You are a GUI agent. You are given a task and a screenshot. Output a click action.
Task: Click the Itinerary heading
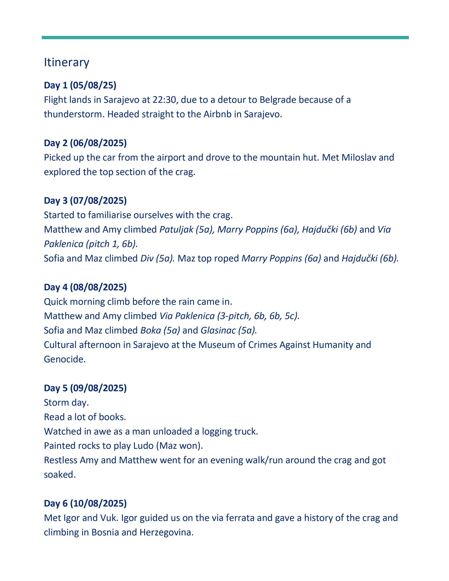coord(67,62)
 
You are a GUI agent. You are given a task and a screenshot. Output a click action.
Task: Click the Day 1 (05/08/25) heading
coord(80,85)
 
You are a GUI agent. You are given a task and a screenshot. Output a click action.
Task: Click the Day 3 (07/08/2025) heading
coord(85,201)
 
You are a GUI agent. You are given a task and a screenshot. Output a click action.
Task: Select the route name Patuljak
coord(176,229)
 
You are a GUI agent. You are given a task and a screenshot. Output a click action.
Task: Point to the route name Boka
coord(151,330)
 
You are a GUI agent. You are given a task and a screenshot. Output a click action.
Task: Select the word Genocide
coord(64,359)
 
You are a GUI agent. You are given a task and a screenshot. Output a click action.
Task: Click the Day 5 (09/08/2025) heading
coord(85,388)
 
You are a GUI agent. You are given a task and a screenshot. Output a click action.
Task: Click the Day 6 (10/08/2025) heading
coord(85,503)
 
